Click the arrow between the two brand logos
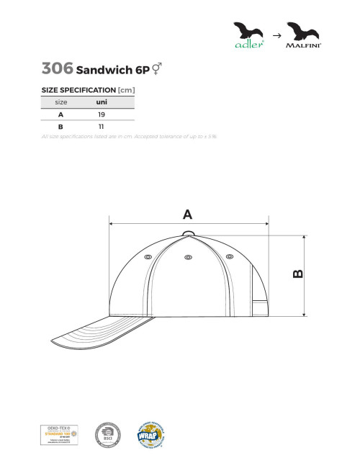pos(276,34)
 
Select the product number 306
pos(57,68)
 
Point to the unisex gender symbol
pos(156,69)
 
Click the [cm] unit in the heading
pos(126,90)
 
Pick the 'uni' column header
pos(102,102)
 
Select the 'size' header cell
pos(60,102)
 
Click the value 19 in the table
pos(102,114)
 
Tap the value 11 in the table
pos(102,127)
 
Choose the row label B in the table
pos(60,127)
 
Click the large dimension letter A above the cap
pos(187,214)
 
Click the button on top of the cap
pos(188,232)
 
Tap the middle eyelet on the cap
pos(188,256)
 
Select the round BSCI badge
pos(108,434)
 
